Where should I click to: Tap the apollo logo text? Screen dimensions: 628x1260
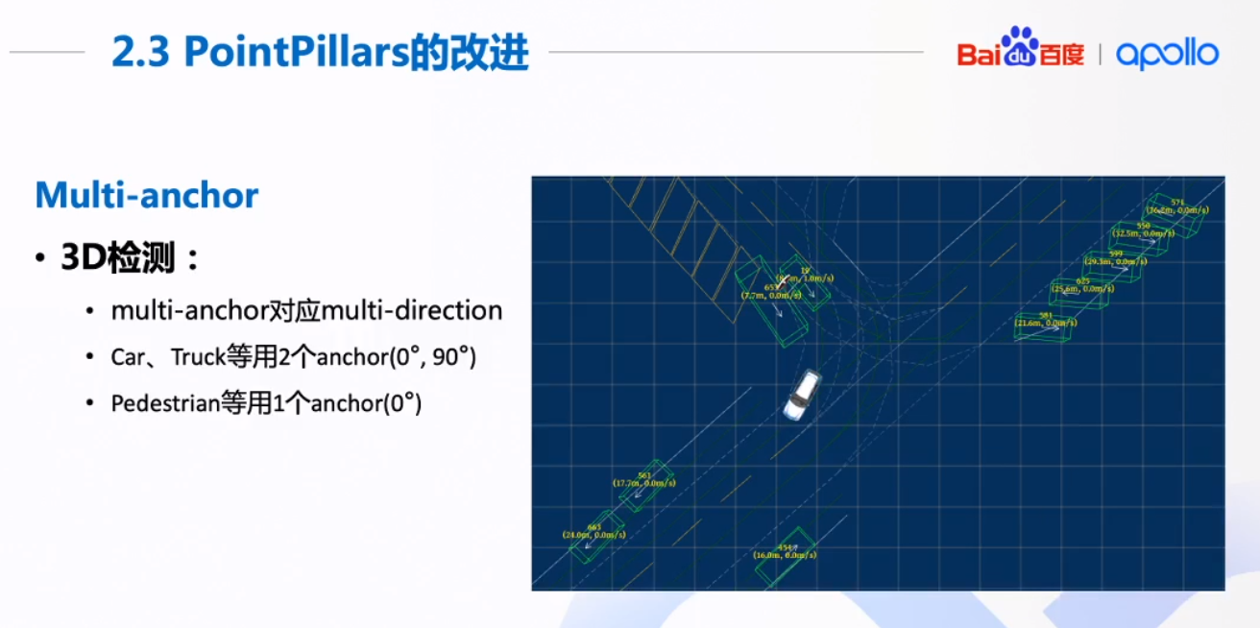pyautogui.click(x=1167, y=53)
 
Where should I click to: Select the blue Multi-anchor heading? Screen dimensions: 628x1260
pyautogui.click(x=147, y=195)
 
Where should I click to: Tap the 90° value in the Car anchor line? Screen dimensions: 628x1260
pyautogui.click(x=450, y=357)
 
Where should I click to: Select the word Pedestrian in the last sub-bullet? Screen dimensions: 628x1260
pyautogui.click(x=164, y=403)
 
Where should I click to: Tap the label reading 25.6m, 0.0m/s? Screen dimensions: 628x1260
pyautogui.click(x=1083, y=287)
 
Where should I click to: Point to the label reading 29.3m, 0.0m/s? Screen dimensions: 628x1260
pyautogui.click(x=1116, y=260)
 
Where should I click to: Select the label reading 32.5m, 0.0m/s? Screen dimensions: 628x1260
pyautogui.click(x=1144, y=232)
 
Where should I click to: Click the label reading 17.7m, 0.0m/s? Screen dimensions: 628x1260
pyautogui.click(x=644, y=483)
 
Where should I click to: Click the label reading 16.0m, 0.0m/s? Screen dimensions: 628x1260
pyautogui.click(x=786, y=555)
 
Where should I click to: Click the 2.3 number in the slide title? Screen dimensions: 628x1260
pyautogui.click(x=141, y=54)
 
